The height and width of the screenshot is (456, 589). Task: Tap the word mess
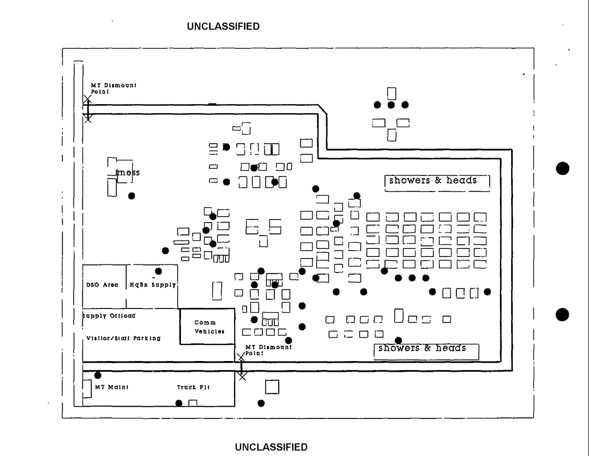[128, 173]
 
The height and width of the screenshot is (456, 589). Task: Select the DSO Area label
[103, 285]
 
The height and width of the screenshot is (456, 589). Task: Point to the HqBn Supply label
[153, 285]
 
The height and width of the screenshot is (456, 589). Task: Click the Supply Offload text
[108, 316]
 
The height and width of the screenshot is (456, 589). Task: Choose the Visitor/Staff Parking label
[123, 339]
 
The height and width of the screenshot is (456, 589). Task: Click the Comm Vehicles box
[207, 326]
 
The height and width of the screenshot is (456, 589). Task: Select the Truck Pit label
[193, 387]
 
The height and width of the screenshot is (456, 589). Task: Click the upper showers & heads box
[437, 181]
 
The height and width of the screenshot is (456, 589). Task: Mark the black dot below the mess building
[131, 196]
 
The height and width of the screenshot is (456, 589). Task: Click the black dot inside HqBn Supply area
[158, 271]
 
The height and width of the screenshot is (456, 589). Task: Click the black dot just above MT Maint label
[98, 376]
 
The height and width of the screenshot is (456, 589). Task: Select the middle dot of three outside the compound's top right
[391, 105]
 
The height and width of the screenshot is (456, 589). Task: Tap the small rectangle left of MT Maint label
[87, 388]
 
